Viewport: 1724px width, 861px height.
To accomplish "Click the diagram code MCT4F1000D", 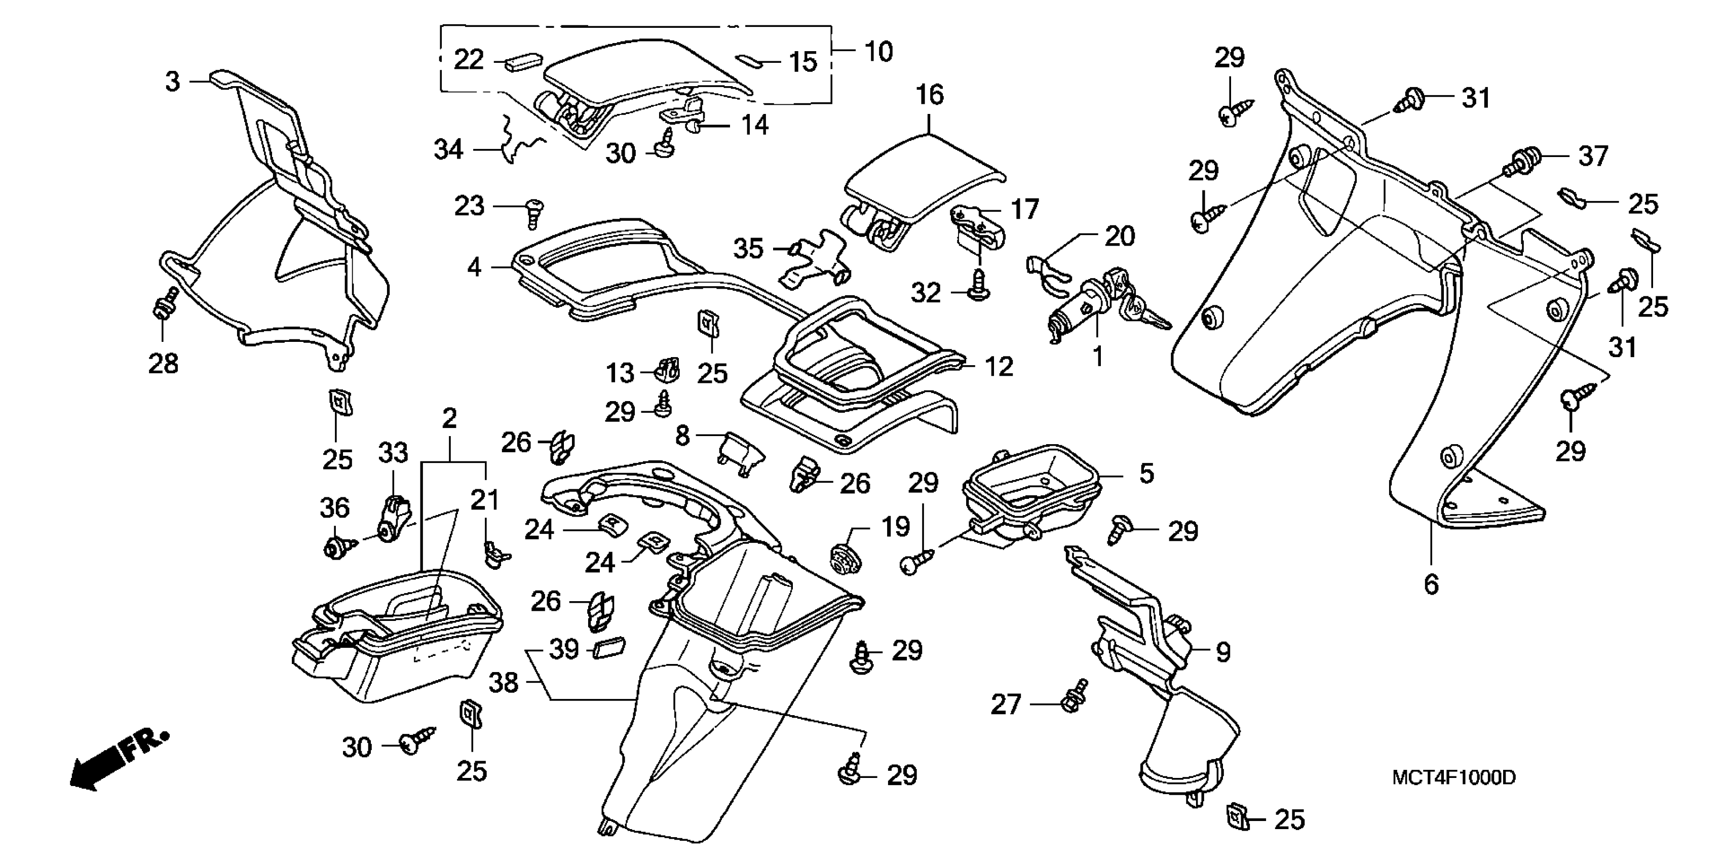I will point(1453,777).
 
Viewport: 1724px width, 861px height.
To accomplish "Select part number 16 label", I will point(930,95).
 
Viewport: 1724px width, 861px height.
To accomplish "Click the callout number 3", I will point(173,82).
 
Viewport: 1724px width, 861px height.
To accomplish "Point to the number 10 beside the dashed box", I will point(879,52).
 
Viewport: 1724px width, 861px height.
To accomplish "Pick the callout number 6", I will point(1431,584).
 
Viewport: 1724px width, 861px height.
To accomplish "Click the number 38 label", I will point(503,683).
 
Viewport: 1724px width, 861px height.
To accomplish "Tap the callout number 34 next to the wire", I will point(448,150).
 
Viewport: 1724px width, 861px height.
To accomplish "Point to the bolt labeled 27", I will point(1074,696).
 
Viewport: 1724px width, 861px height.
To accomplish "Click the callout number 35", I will point(748,249).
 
